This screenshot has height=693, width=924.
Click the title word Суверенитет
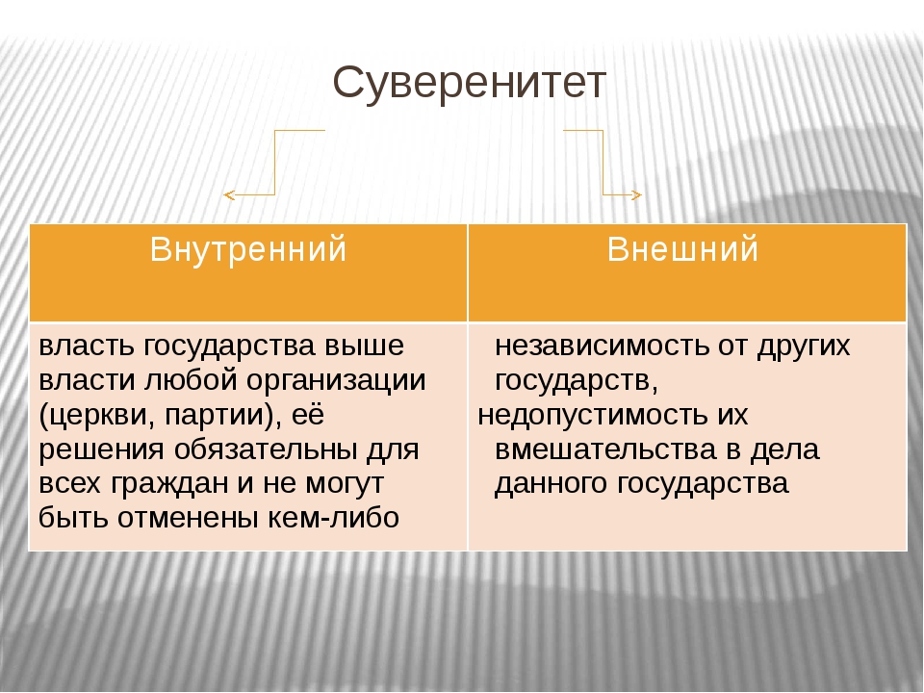[469, 84]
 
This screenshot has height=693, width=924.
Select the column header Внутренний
[248, 248]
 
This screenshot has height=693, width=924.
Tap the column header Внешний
[682, 248]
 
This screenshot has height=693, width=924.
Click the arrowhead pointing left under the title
[229, 194]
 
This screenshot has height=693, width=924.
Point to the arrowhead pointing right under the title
[636, 194]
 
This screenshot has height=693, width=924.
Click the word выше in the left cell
[364, 346]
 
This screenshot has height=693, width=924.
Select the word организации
[336, 382]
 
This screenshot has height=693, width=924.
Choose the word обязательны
[266, 450]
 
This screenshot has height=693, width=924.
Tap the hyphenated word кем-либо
[334, 518]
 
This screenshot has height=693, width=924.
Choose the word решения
[101, 450]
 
